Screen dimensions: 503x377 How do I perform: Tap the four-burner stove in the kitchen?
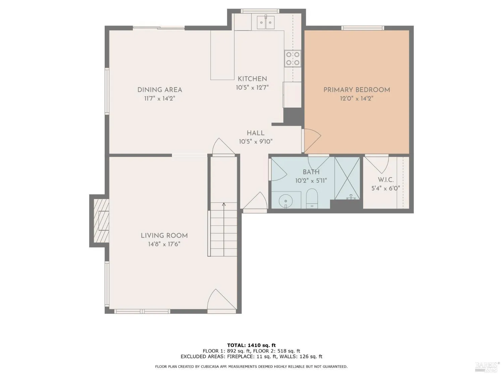click(293, 58)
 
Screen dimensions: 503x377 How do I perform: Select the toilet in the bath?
click(312, 199)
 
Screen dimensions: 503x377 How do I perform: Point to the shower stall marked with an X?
click(347, 178)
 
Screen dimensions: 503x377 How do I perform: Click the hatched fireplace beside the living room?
click(101, 221)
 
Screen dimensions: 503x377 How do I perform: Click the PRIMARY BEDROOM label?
click(356, 90)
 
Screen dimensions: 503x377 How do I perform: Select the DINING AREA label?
click(160, 90)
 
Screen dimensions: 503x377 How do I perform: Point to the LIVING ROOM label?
click(164, 236)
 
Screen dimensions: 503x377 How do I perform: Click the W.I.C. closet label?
click(386, 180)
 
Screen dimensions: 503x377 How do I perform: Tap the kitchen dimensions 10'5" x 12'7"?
click(252, 87)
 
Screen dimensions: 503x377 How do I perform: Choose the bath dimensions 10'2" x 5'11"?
click(311, 181)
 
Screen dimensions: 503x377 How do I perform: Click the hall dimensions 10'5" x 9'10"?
click(256, 142)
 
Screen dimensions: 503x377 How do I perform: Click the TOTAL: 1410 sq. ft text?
click(251, 345)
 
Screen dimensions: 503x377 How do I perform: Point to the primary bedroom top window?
click(362, 28)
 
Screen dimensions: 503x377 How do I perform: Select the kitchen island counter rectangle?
click(222, 55)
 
